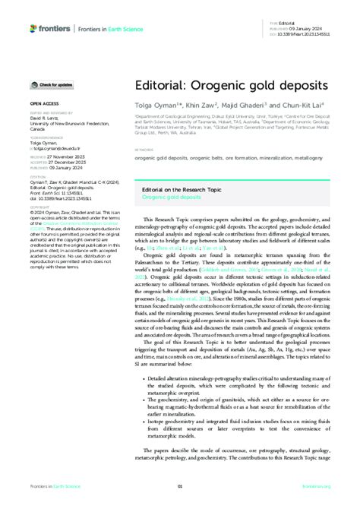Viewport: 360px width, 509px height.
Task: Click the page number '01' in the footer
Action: click(x=180, y=487)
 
